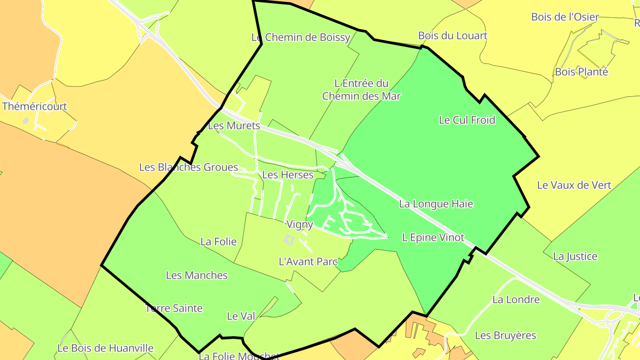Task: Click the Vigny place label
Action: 300,224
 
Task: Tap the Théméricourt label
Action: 35,107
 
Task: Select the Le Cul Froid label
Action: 467,120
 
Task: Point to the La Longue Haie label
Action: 436,204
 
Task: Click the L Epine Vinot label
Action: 433,238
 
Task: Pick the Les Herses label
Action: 288,175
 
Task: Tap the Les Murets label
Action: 234,126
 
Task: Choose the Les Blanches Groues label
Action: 188,168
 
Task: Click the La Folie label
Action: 218,242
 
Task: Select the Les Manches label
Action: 196,276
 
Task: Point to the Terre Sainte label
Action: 174,308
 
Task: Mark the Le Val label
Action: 241,316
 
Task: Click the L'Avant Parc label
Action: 308,262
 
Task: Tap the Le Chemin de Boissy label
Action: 301,37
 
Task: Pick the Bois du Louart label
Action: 452,36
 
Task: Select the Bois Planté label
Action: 581,72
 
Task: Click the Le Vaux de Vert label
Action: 574,185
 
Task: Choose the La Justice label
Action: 575,256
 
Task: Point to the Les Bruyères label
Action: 505,336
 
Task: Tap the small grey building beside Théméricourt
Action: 25,120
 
